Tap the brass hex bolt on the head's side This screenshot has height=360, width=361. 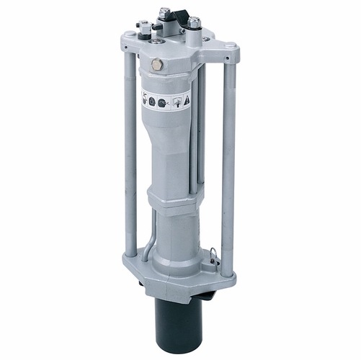tap(157, 65)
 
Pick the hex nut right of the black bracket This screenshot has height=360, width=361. tap(195, 22)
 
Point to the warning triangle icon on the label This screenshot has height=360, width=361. tap(187, 100)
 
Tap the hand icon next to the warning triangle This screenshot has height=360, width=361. tap(175, 102)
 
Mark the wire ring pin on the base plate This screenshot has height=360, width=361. tap(215, 253)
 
